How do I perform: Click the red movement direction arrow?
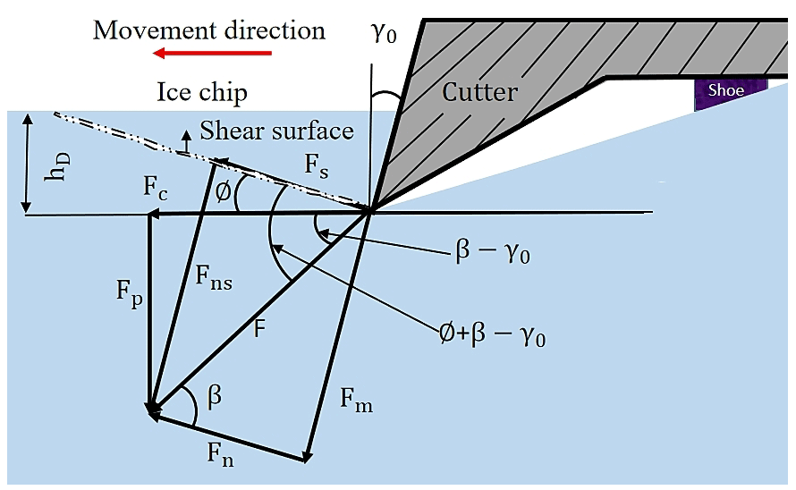pyautogui.click(x=211, y=54)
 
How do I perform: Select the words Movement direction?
pyautogui.click(x=209, y=30)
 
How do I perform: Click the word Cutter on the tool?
pyautogui.click(x=479, y=91)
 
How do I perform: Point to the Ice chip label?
pyautogui.click(x=202, y=92)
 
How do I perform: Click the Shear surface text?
pyautogui.click(x=276, y=131)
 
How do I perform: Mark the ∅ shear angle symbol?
pyautogui.click(x=224, y=191)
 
